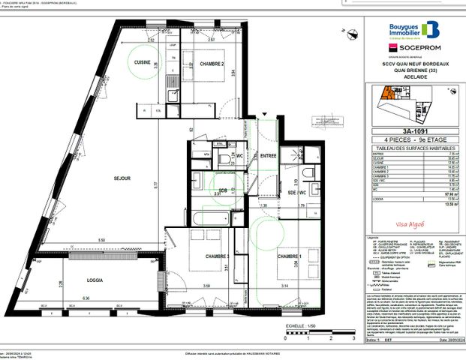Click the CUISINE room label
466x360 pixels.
(143, 63)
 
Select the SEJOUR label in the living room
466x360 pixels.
(123, 178)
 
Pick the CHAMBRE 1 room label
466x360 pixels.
(290, 257)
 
